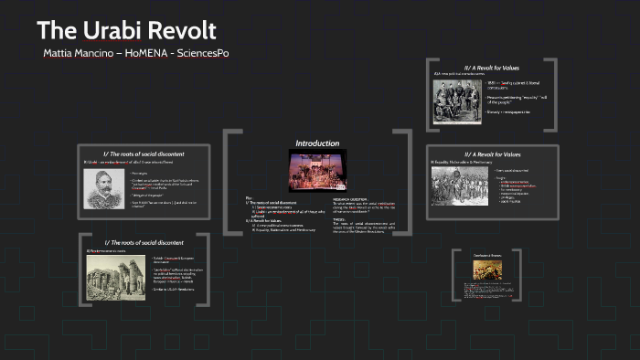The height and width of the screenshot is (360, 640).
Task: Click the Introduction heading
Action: point(317,143)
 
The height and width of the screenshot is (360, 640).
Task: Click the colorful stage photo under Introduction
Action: point(317,171)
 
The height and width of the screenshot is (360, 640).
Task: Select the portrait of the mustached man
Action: point(106,189)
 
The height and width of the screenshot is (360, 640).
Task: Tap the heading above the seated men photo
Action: point(491,66)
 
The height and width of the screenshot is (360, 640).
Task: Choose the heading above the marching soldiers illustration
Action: point(491,154)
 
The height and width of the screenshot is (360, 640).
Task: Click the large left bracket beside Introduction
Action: point(229,184)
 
